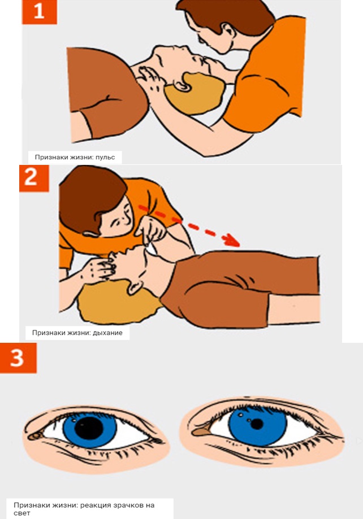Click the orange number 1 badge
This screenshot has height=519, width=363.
[40, 12]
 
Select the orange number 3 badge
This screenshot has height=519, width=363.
[18, 358]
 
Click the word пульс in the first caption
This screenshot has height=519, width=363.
[105, 157]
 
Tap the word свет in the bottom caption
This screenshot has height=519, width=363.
[21, 513]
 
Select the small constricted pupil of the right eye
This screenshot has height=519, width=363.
[257, 424]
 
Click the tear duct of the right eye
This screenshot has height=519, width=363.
[199, 431]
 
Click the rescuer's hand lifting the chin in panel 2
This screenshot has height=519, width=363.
[151, 229]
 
